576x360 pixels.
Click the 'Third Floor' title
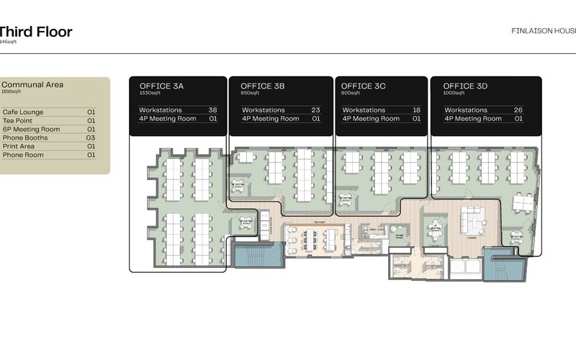click(x=36, y=32)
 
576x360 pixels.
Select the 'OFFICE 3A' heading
click(x=161, y=86)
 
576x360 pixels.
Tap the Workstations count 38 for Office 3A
click(x=212, y=110)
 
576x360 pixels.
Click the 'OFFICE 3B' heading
click(x=262, y=86)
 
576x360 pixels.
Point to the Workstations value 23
click(x=315, y=110)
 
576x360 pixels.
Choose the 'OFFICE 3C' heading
click(x=363, y=86)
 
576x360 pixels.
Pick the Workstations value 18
click(x=416, y=110)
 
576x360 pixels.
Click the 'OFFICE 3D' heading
click(x=465, y=86)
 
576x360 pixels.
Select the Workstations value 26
click(x=518, y=110)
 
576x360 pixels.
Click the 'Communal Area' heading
click(x=32, y=85)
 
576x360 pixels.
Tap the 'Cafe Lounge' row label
click(x=23, y=112)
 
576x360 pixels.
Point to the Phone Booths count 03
click(x=91, y=138)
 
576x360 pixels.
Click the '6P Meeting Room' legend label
click(x=31, y=130)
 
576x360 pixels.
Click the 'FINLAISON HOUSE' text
click(x=543, y=32)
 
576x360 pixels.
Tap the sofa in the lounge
click(x=474, y=216)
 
